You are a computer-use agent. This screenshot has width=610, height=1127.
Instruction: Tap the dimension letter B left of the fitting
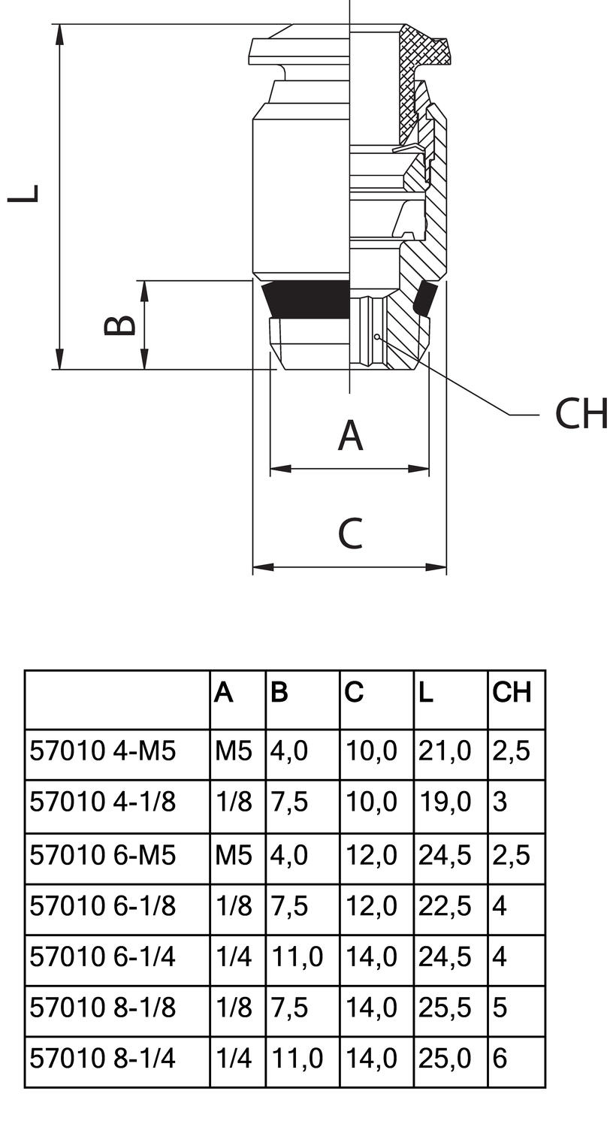(120, 324)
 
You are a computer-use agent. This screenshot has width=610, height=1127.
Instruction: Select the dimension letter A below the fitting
(350, 435)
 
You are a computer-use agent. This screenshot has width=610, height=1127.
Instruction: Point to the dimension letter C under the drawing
(350, 533)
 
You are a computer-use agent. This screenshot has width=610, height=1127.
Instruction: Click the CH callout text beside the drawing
(581, 414)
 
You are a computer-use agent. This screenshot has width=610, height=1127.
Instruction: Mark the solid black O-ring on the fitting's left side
(305, 298)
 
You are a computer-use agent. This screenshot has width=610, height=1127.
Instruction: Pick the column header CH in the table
(512, 692)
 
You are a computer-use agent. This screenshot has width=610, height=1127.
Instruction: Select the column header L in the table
(426, 692)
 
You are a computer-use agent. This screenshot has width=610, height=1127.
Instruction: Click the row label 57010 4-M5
(103, 751)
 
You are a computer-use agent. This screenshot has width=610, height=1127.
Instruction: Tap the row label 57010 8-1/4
(103, 1059)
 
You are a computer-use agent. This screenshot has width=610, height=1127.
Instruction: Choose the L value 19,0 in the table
(445, 802)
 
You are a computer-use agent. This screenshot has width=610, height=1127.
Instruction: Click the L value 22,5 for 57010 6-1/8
(445, 905)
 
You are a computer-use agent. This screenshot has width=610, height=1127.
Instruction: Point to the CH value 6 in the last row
(500, 1059)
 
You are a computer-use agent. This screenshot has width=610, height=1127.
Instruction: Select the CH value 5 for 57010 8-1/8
(500, 1008)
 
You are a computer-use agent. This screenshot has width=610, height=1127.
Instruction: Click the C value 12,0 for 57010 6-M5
(371, 854)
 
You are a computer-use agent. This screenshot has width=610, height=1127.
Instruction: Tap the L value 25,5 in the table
(445, 1008)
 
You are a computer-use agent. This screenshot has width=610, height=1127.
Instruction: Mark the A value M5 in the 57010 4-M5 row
(234, 751)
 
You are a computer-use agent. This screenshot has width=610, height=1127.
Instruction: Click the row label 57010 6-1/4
(103, 956)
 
